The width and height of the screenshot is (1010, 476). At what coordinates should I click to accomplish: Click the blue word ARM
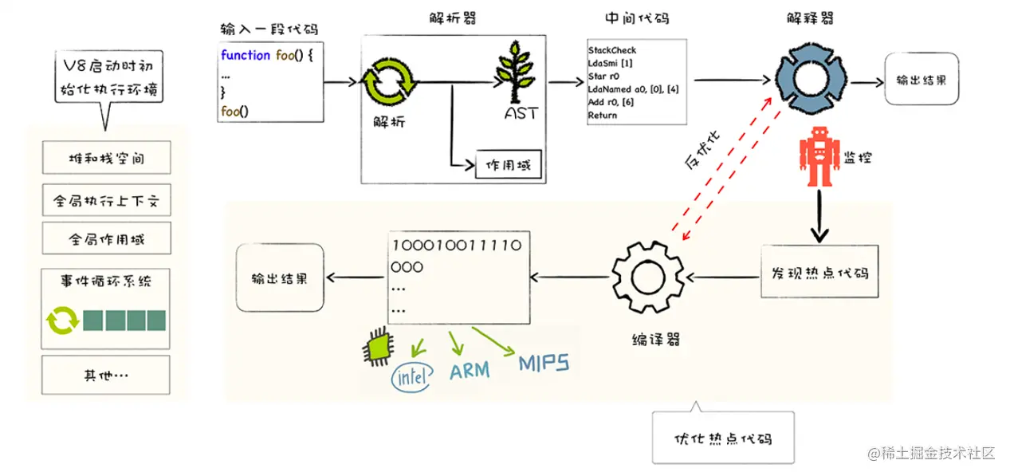tap(470, 371)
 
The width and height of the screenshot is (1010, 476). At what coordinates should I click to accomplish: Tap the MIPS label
tap(544, 364)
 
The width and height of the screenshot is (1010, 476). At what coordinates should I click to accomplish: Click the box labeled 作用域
tap(508, 167)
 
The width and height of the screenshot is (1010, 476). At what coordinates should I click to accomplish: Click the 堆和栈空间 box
tap(106, 159)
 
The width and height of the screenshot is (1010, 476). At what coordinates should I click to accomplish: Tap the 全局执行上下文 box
tap(106, 200)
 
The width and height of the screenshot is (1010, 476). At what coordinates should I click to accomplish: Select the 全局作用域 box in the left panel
tap(106, 238)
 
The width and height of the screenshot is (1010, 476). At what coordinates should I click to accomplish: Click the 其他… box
tap(106, 375)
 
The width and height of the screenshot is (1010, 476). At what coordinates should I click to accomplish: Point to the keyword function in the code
tap(246, 55)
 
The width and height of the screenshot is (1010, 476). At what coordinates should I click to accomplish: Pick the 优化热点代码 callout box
tap(723, 438)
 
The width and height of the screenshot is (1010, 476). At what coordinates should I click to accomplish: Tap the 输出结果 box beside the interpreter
tap(922, 80)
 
